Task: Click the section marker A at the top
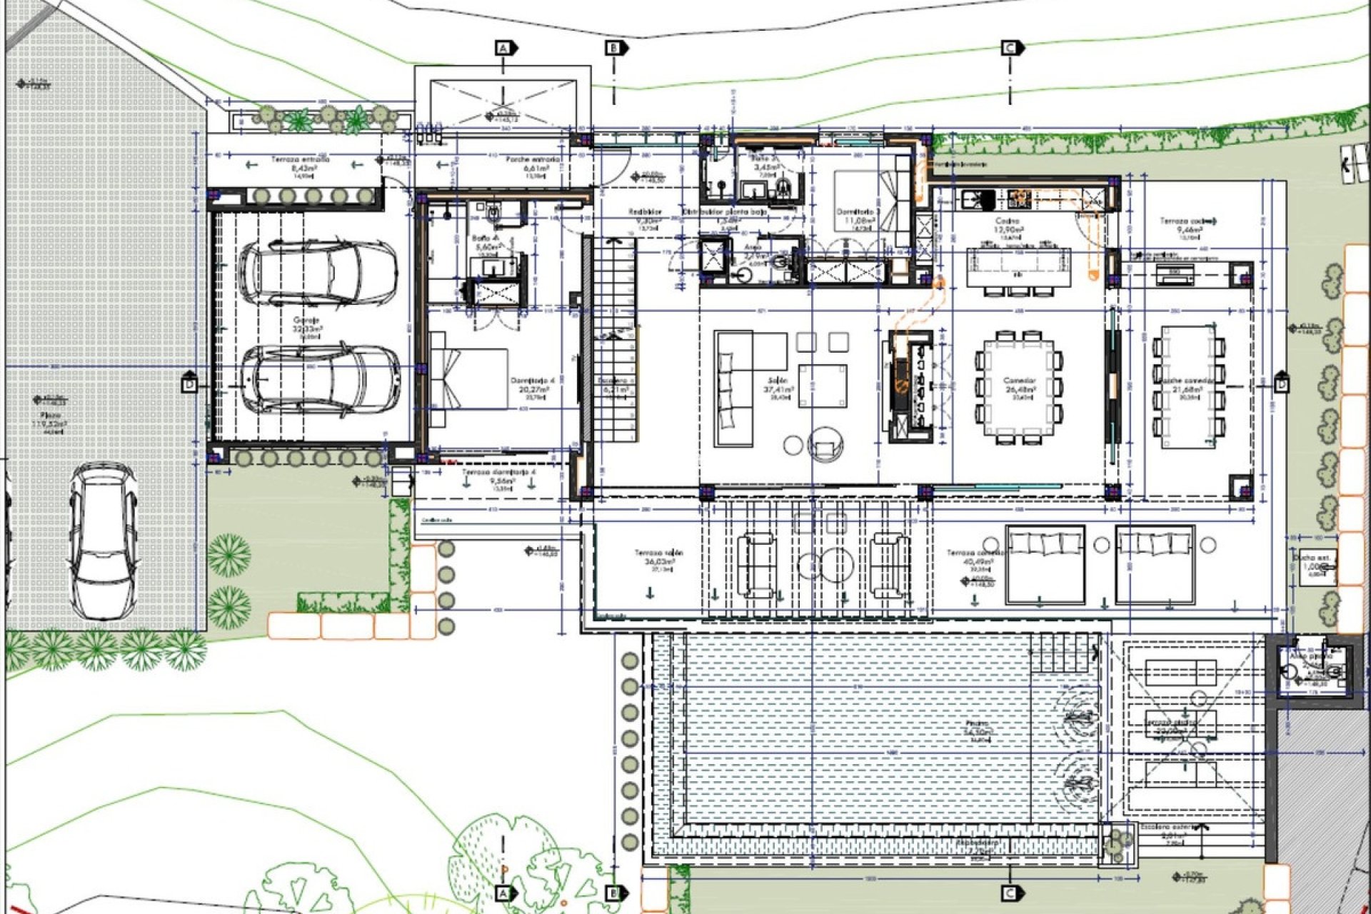click(505, 48)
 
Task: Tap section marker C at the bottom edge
click(1010, 893)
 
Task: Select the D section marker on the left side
click(189, 384)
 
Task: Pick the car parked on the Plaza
click(104, 541)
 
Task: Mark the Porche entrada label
click(533, 159)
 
